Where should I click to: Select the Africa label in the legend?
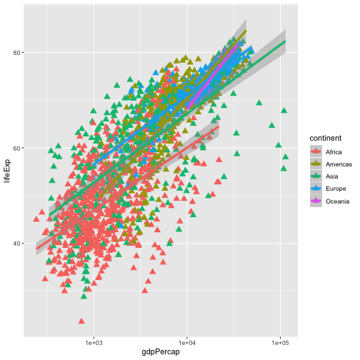click(333, 152)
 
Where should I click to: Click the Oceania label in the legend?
click(337, 201)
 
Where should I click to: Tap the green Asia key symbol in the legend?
click(314, 177)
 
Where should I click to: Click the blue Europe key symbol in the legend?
click(314, 189)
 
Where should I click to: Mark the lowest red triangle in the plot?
click(81, 321)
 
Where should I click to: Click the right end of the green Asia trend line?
click(286, 41)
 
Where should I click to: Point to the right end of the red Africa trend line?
click(218, 128)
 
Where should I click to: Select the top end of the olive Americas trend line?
click(246, 31)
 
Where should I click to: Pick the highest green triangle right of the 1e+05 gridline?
click(284, 111)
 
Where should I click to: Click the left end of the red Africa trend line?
click(37, 249)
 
